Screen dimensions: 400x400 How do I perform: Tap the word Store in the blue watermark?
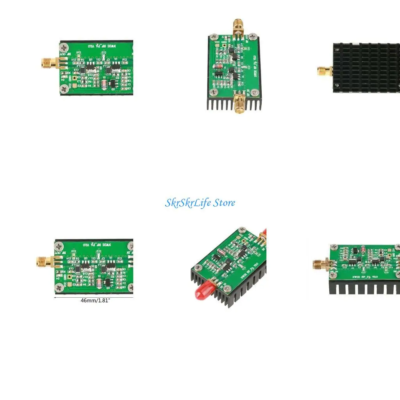[x=225, y=203]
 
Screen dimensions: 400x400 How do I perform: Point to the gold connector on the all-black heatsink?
[x=324, y=71]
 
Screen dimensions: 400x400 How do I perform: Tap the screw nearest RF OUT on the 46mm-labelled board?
[x=60, y=246]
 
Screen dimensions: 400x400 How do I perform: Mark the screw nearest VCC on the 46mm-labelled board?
[x=60, y=288]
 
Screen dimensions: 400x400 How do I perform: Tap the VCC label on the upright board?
[x=215, y=41]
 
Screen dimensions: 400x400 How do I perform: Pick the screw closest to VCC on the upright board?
[x=213, y=38]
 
